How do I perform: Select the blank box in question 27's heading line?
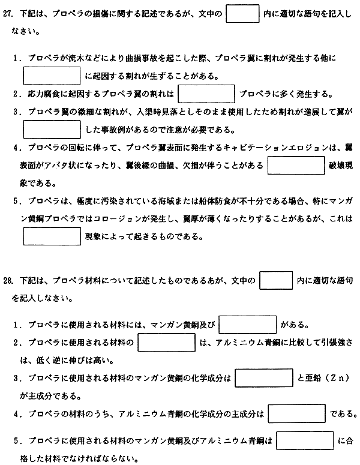pyautogui.click(x=242, y=13)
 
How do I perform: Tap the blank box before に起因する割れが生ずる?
pyautogui.click(x=52, y=76)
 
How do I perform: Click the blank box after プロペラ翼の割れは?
pyautogui.click(x=206, y=94)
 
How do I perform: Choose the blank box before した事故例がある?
pyautogui.click(x=52, y=129)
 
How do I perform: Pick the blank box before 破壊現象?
pyautogui.click(x=296, y=165)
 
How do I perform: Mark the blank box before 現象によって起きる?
pyautogui.click(x=52, y=236)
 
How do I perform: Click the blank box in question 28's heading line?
pyautogui.click(x=276, y=280)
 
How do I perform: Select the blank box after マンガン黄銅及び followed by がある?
pyautogui.click(x=248, y=325)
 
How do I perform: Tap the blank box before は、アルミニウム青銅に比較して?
pyautogui.click(x=167, y=343)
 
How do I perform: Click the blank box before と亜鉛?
pyautogui.click(x=264, y=378)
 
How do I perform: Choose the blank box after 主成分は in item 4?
pyautogui.click(x=297, y=413)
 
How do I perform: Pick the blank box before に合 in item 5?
pyautogui.click(x=305, y=440)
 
